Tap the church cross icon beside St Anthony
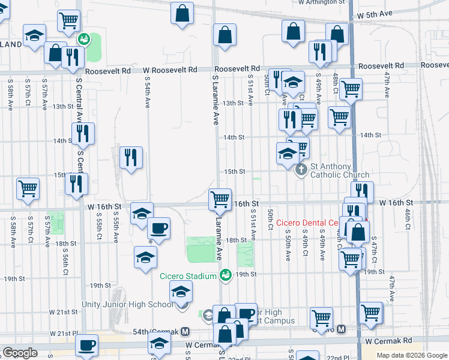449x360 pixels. (x=302, y=170)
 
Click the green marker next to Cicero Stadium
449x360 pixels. (x=226, y=275)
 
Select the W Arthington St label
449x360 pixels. (x=323, y=2)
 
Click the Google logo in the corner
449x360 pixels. (x=20, y=353)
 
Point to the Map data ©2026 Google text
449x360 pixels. (x=412, y=355)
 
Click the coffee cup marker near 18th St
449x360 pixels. (x=158, y=228)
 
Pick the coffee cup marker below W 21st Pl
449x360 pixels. (x=87, y=346)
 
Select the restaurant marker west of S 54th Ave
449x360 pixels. (x=131, y=158)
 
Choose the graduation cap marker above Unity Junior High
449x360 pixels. (x=180, y=292)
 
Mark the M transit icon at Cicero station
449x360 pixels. (x=341, y=329)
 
